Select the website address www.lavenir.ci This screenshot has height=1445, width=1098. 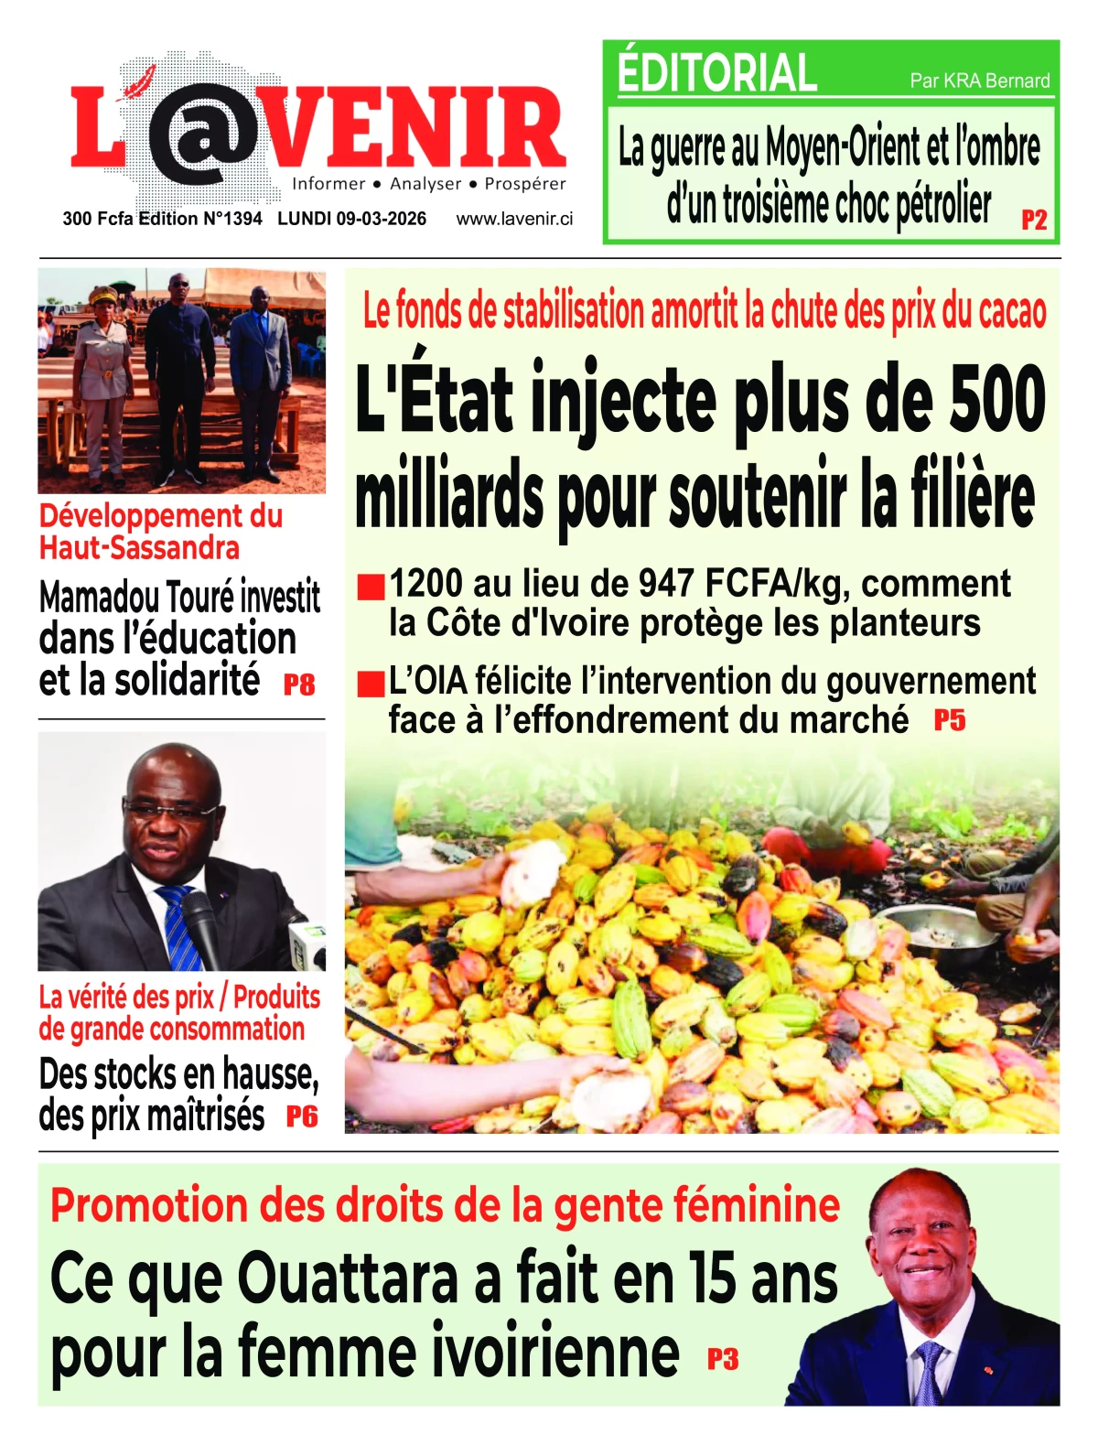[514, 219]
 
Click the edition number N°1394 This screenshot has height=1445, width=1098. [233, 219]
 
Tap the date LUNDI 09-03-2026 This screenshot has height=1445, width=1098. [351, 219]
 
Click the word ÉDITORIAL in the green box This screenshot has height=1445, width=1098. [716, 73]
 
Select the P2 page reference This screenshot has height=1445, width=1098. [1034, 220]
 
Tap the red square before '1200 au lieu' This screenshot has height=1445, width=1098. [370, 587]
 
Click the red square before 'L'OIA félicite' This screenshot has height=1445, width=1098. [370, 684]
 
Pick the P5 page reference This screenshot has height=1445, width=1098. [950, 721]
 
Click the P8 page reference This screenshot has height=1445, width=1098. [299, 685]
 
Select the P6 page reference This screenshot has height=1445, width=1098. [302, 1116]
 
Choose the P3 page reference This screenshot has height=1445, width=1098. [723, 1360]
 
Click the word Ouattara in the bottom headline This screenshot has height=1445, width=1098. [348, 1279]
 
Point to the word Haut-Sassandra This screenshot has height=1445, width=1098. [139, 548]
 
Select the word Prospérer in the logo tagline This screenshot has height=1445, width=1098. [525, 184]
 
